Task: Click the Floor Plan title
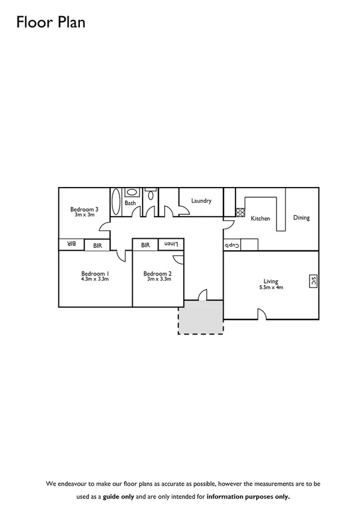(50, 23)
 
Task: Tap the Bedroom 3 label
(84, 209)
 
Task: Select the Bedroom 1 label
(95, 273)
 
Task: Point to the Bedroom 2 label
(157, 274)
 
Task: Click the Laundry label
(201, 200)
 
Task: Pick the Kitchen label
(260, 218)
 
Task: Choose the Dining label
(301, 217)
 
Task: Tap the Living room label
(271, 281)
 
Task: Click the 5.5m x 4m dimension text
(271, 287)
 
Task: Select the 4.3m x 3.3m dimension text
(95, 279)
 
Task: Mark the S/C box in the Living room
(313, 281)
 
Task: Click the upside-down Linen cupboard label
(171, 244)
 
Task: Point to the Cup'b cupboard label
(232, 245)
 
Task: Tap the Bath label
(130, 203)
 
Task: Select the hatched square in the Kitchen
(240, 212)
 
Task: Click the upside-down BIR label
(71, 244)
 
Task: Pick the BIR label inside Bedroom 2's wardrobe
(145, 245)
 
